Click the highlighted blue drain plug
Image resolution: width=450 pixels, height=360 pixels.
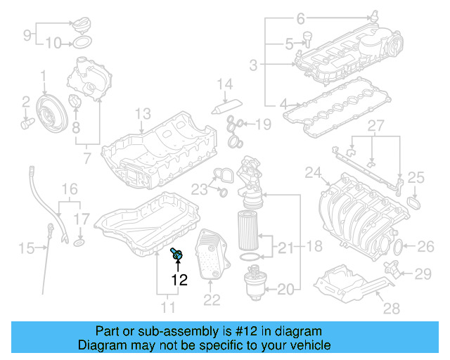coord(176,255)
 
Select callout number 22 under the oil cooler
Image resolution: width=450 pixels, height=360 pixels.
coord(212,300)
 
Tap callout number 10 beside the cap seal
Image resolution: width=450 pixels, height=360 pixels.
coord(53,43)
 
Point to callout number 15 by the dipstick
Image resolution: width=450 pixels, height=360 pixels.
coord(26,247)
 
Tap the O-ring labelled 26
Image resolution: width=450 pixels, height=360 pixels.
coord(397,247)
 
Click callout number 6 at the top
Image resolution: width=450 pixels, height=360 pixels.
coord(301,18)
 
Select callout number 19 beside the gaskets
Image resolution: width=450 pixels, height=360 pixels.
coord(262,124)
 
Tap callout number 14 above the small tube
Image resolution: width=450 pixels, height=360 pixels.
coord(224,85)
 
